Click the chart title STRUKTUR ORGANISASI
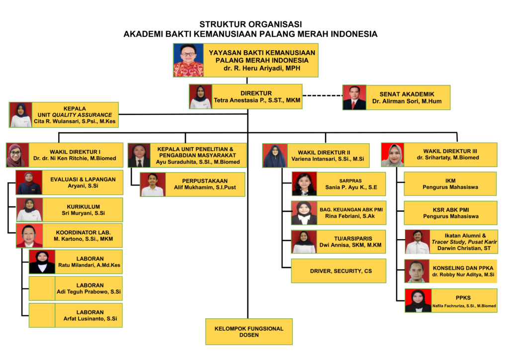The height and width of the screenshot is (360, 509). point(251,24)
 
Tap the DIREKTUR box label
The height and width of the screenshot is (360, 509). point(256,93)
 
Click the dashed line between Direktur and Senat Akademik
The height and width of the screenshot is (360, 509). point(322,95)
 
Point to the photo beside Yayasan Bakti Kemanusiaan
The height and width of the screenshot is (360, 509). point(188,60)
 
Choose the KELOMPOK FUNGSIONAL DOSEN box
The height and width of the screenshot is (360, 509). point(249,332)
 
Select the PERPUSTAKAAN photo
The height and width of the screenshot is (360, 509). point(152,184)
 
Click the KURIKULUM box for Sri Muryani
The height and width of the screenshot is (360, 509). point(83,209)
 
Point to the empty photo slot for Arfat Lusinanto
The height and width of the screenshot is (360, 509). point(42,315)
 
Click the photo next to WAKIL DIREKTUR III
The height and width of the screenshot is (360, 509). point(392,155)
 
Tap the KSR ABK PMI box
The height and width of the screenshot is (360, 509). point(450,213)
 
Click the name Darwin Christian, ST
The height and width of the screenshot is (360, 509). point(463,248)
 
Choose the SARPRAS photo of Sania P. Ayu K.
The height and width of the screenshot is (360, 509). point(304,184)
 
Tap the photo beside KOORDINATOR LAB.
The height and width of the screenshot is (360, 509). point(29,236)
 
